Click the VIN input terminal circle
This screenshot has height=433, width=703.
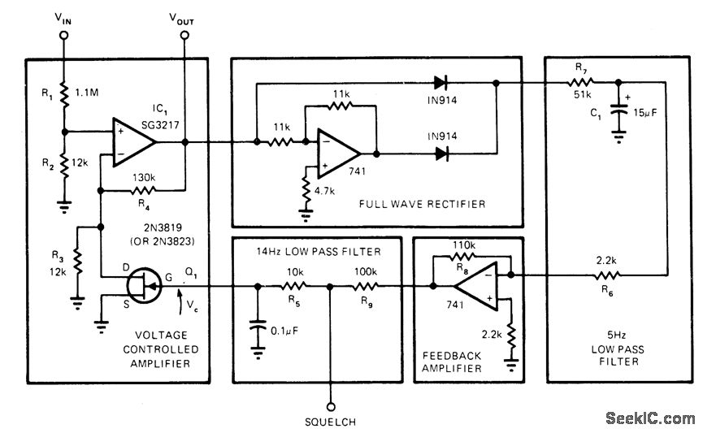tap(64, 36)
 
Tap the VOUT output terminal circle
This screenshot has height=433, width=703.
tap(185, 36)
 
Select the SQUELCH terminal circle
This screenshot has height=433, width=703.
tap(330, 404)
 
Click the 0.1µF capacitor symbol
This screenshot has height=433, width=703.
tap(258, 329)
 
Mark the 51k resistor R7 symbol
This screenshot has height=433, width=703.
tap(580, 81)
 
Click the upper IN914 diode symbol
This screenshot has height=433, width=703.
tap(441, 81)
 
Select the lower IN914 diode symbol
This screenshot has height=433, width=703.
tap(441, 152)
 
